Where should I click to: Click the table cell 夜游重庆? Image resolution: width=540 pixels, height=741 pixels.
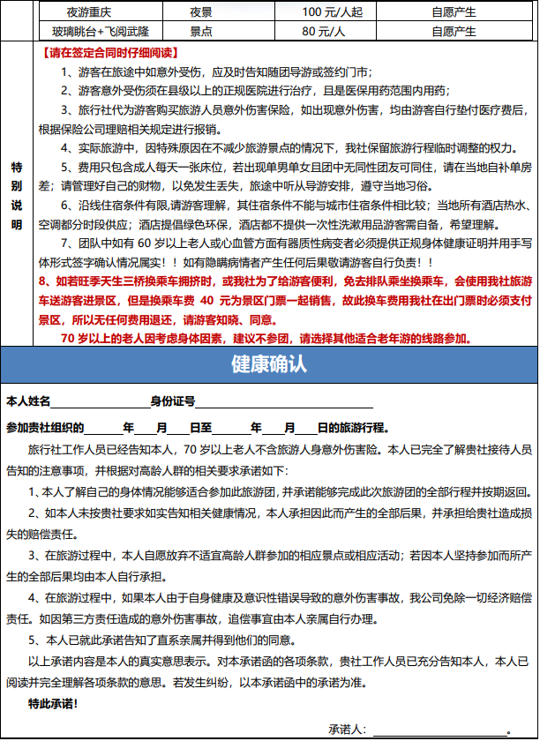tap(91, 12)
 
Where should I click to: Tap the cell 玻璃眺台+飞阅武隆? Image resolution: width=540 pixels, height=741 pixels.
tap(91, 32)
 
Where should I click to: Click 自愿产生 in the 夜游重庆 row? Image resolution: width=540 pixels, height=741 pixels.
tap(454, 12)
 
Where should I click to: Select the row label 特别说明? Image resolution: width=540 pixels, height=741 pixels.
tap(16, 196)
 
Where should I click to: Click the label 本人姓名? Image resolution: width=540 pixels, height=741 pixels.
tap(29, 402)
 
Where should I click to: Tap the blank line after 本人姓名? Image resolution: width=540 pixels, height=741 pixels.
tap(101, 404)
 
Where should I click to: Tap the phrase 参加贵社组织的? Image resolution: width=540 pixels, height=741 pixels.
tap(45, 428)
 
